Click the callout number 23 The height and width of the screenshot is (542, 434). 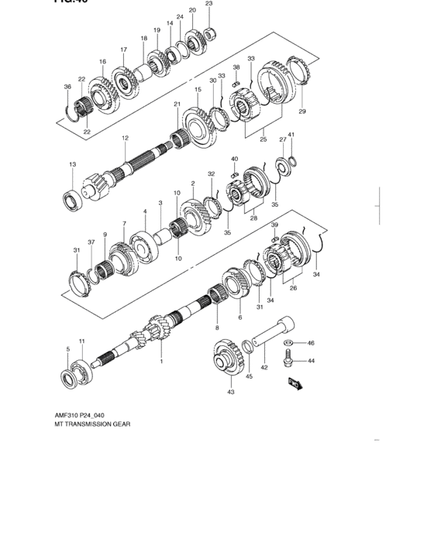click(x=208, y=4)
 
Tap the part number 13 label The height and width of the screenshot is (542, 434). click(x=72, y=164)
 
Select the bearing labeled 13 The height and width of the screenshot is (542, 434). click(x=74, y=200)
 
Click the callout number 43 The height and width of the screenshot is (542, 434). click(x=230, y=393)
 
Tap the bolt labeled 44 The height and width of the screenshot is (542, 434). click(x=288, y=357)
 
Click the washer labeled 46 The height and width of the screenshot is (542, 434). click(x=288, y=341)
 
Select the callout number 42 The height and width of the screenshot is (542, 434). click(x=264, y=368)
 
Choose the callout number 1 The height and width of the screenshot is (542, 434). click(x=161, y=361)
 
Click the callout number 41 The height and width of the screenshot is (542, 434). click(x=291, y=135)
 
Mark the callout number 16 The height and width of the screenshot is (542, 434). click(x=102, y=61)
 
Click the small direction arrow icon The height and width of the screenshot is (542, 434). click(x=295, y=382)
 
